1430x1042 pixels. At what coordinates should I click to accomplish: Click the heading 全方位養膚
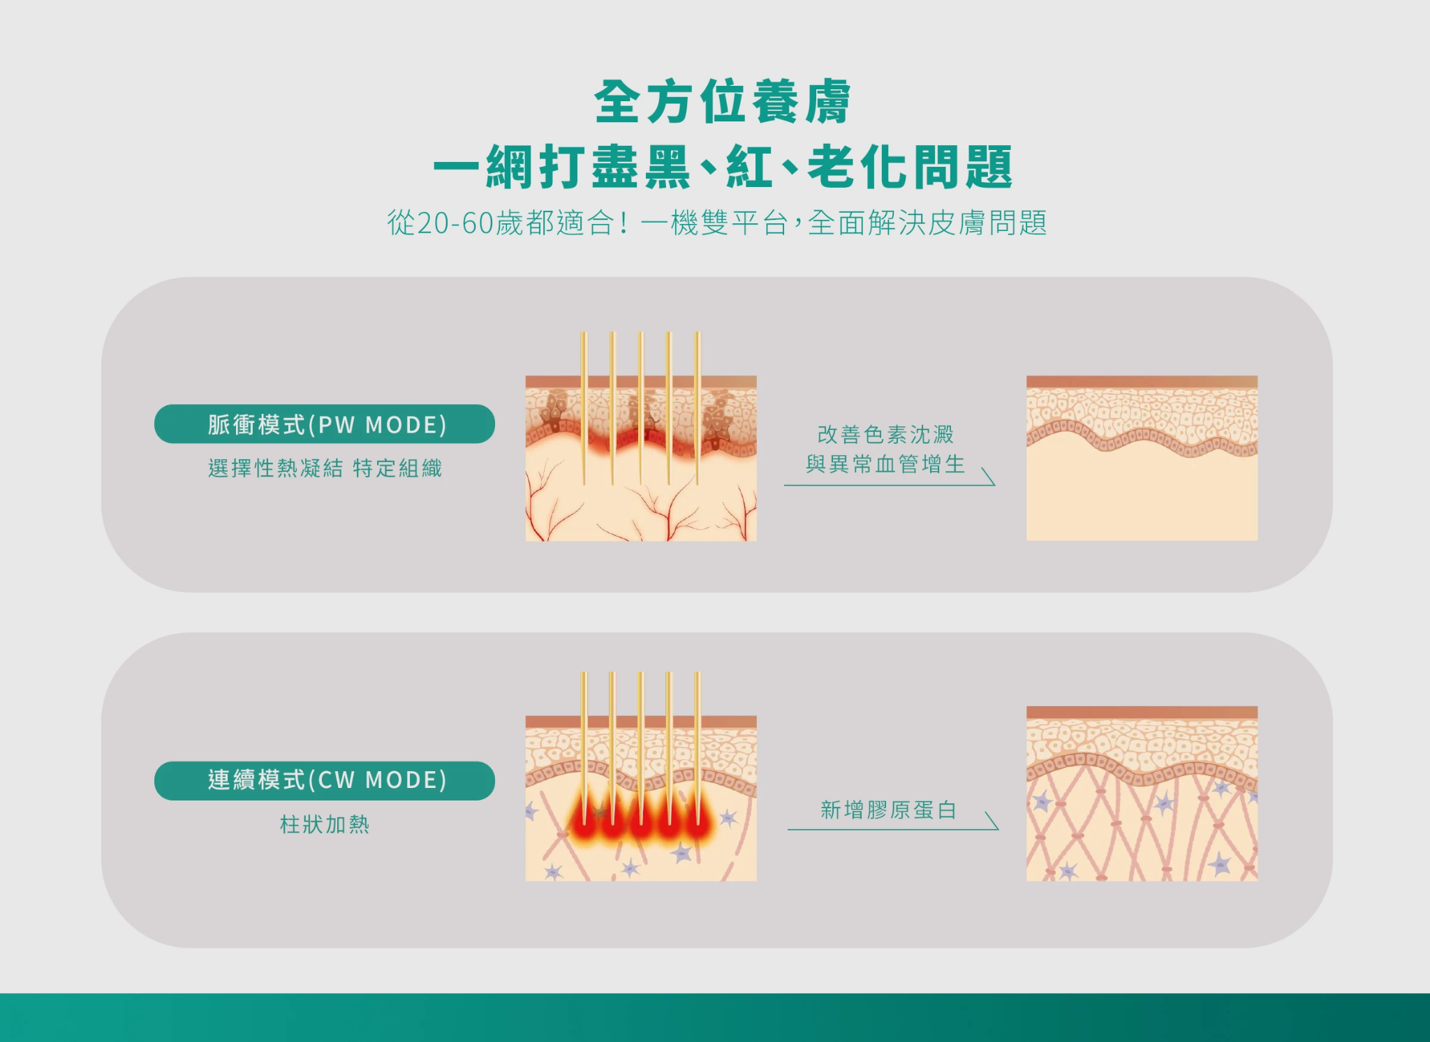[722, 102]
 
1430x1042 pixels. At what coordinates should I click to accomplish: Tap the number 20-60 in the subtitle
[455, 223]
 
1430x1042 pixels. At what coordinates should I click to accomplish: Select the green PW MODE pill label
[325, 424]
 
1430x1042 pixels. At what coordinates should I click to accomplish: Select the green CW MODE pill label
[325, 780]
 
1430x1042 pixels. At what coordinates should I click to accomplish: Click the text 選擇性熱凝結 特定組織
[325, 468]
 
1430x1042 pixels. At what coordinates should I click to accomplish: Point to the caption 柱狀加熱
[325, 824]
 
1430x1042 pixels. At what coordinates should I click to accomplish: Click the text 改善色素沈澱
[885, 434]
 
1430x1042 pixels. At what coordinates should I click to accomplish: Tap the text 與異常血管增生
[885, 463]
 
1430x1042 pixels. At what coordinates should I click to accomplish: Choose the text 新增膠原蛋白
[888, 810]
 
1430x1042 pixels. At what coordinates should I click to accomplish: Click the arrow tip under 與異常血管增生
[993, 483]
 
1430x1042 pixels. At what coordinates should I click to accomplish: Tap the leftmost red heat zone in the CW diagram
[584, 824]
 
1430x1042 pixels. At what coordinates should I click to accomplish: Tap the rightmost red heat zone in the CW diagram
[698, 824]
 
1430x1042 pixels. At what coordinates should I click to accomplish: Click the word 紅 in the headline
[749, 168]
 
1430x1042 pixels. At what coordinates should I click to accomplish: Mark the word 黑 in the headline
[667, 168]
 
